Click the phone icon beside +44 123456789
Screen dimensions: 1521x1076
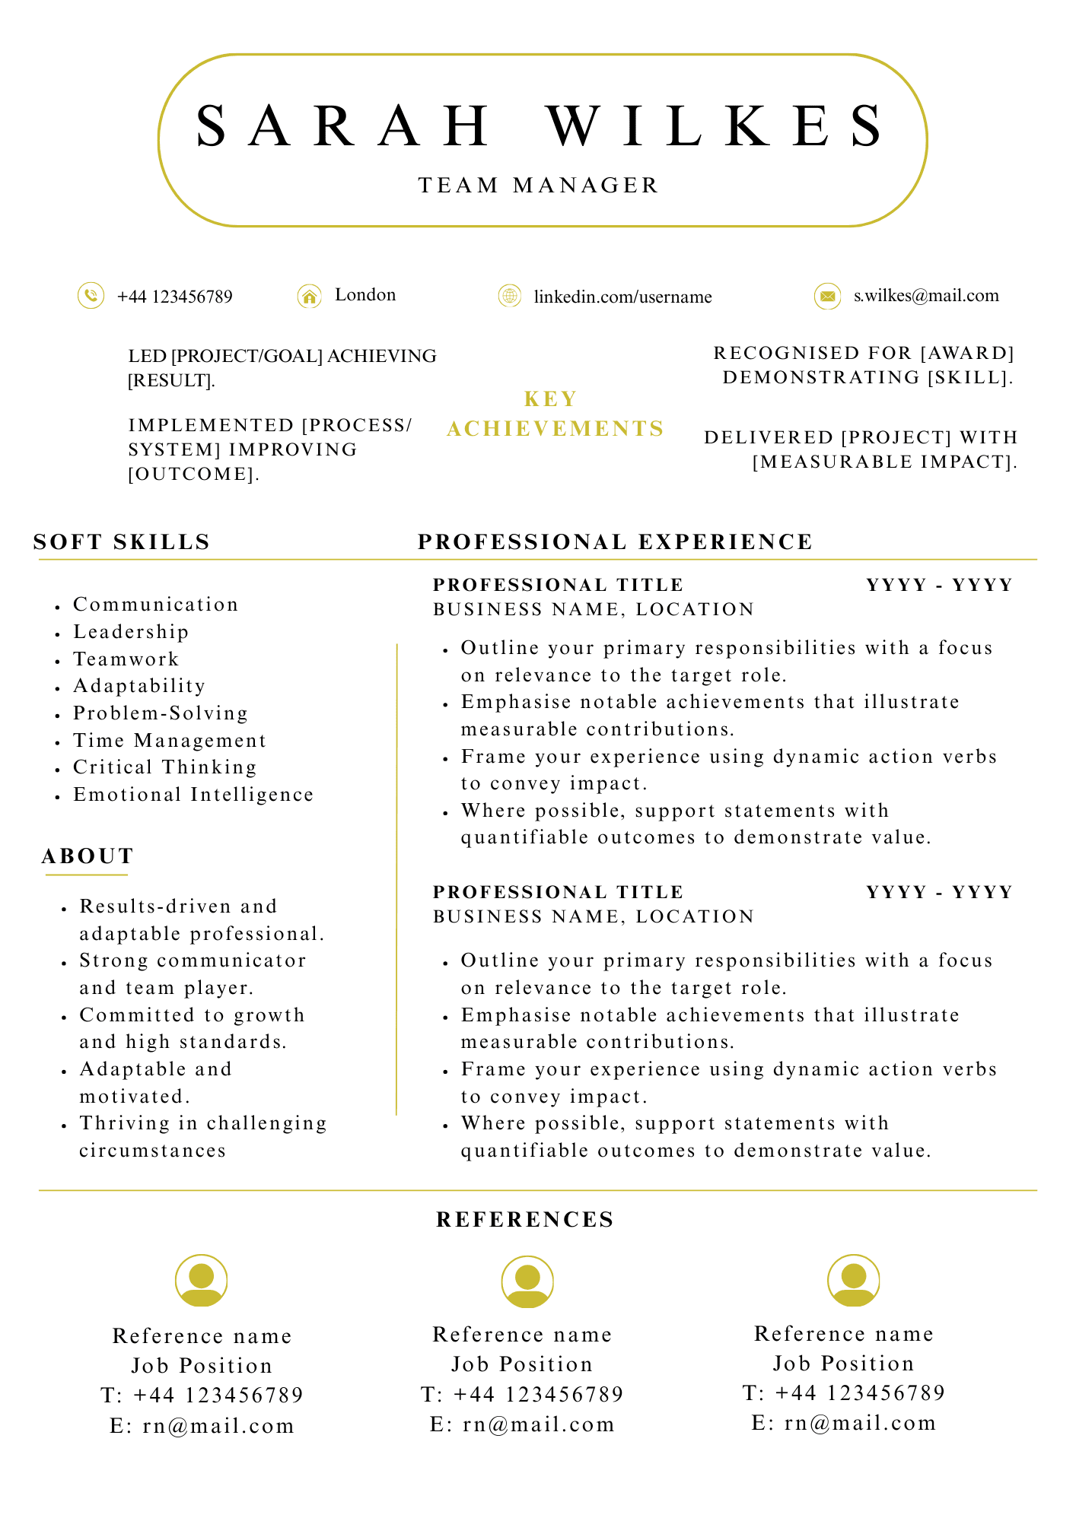(91, 296)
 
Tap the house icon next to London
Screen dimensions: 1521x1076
(309, 296)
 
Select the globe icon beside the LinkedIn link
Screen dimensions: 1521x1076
(509, 296)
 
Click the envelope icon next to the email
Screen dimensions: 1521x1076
(827, 296)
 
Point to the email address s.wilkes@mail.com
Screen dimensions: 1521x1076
(926, 296)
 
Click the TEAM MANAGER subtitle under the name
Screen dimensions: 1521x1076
(538, 186)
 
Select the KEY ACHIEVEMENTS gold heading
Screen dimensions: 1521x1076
(556, 414)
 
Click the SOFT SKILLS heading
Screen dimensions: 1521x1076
(122, 542)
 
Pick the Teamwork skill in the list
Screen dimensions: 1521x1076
(126, 659)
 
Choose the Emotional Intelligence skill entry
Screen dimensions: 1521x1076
(193, 795)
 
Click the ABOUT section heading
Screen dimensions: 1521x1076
(88, 856)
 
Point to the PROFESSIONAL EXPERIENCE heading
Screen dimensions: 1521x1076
(616, 542)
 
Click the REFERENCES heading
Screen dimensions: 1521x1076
(525, 1220)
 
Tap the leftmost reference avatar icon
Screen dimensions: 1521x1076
(202, 1281)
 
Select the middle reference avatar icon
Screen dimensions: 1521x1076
(527, 1281)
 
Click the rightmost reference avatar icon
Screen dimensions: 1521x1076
(854, 1281)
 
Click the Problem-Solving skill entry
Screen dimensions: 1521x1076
(161, 713)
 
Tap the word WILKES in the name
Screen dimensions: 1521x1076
(716, 125)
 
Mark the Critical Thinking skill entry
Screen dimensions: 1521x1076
(165, 767)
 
